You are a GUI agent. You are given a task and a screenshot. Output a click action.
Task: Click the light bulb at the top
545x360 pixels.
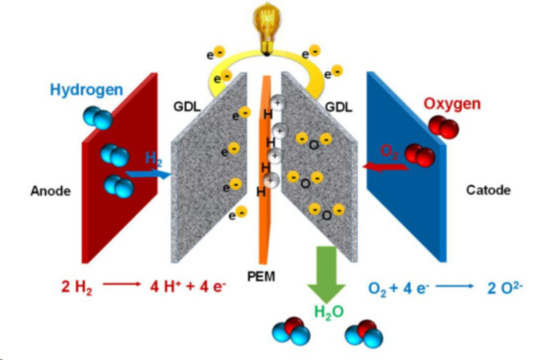pos(266,28)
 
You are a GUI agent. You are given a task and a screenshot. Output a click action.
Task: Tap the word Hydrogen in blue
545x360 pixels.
pos(87,90)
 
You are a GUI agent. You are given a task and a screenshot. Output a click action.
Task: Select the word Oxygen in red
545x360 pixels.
pos(452,104)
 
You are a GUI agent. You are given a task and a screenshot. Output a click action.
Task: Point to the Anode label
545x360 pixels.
pos(51,191)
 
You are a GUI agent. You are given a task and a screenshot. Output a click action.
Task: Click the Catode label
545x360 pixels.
pos(488,190)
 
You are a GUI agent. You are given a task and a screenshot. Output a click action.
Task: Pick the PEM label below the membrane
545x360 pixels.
pos(261,277)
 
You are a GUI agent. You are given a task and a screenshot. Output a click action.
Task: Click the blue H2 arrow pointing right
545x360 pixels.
pos(148,173)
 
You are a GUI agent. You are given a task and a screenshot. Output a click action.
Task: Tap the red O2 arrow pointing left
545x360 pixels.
pos(386,167)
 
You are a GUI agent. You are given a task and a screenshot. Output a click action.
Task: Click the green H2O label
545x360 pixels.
pos(329,312)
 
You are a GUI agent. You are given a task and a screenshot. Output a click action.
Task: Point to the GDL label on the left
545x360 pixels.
pos(187,107)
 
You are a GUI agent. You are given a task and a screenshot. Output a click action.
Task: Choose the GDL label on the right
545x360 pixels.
pos(338,107)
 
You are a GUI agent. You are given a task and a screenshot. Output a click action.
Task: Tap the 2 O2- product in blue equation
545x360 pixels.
pos(505,288)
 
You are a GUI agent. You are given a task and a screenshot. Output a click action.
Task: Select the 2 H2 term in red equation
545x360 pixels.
pos(77,287)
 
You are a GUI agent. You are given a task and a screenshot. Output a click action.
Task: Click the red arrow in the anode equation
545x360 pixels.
pos(122,284)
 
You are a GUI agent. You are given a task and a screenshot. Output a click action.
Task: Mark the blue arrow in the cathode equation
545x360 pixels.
pos(455,286)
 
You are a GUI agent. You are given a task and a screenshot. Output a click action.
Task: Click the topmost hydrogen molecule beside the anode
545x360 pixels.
pos(98,118)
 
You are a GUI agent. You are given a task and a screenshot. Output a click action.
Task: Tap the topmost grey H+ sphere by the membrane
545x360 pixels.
pos(278,103)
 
